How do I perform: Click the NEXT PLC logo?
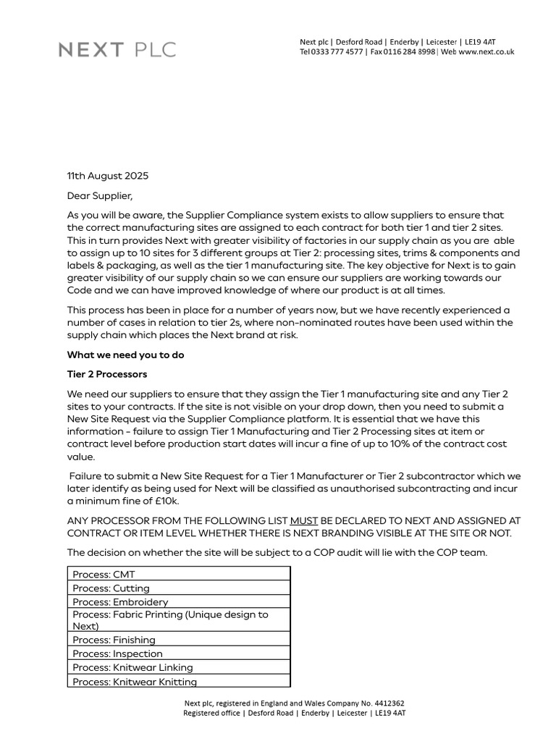click(x=117, y=50)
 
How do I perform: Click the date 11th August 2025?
click(x=107, y=176)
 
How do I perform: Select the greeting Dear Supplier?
click(x=100, y=195)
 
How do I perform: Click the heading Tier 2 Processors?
click(x=107, y=374)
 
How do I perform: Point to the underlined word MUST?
click(x=303, y=520)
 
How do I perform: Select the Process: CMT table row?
click(x=178, y=574)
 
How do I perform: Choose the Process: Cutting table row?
click(x=178, y=588)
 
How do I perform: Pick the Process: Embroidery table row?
click(x=178, y=601)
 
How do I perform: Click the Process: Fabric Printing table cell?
click(x=178, y=620)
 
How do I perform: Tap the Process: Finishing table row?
click(x=178, y=640)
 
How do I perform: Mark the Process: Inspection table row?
click(x=178, y=653)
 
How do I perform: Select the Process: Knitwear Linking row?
click(x=178, y=667)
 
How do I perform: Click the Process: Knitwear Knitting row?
click(x=178, y=681)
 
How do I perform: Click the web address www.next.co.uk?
click(x=486, y=52)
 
